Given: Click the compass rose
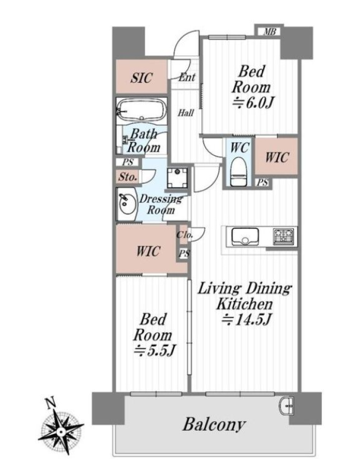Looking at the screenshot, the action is tap(61, 431).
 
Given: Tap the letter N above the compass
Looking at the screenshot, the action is tap(50, 403).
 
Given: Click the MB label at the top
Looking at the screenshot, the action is tap(270, 31).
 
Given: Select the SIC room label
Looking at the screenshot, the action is tap(141, 78).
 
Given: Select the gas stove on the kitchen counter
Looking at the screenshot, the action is tap(283, 236).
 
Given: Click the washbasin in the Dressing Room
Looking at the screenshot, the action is tap(126, 204).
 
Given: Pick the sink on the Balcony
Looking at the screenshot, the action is tap(287, 405).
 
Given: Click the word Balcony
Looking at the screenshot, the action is tap(215, 425).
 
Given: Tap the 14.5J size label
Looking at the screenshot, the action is tap(246, 320).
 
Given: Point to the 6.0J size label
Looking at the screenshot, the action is tap(253, 104).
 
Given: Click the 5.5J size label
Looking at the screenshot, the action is tap(154, 350).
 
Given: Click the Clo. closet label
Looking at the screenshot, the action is tap(184, 234).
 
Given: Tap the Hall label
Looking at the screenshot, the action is tap(185, 113).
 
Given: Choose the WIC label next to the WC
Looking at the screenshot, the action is tap(277, 157).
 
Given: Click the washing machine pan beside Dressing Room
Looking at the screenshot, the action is tap(177, 178).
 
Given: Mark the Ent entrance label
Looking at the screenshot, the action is tap(187, 78).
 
